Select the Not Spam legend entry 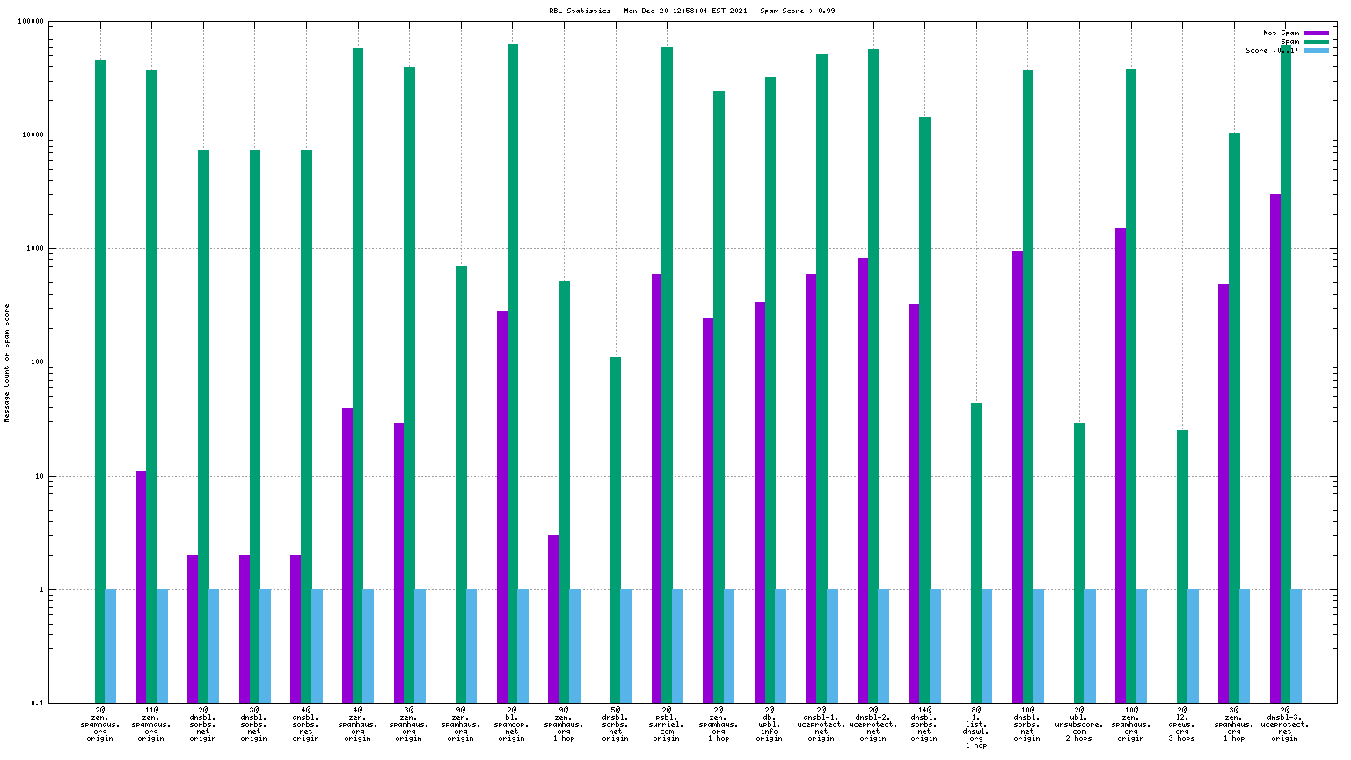point(1281,33)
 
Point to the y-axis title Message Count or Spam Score point(7,363)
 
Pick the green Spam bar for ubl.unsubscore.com point(1079,563)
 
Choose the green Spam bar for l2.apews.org point(1182,566)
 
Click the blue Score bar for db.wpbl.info point(781,647)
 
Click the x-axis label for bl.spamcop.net point(512,723)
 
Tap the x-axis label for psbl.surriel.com point(667,723)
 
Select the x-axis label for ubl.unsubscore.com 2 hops point(1079,723)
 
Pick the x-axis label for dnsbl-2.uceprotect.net point(873,723)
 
